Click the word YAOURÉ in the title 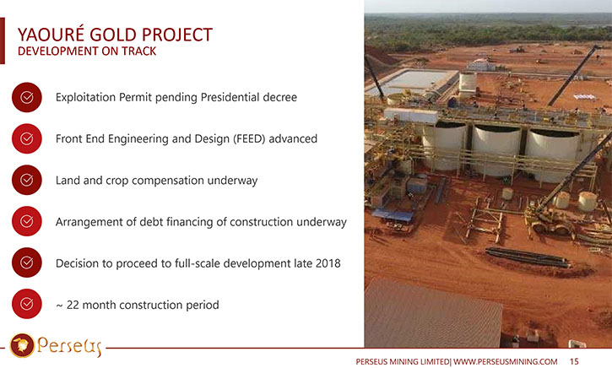[51, 34]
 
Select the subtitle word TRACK [138, 51]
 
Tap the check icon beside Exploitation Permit [26, 97]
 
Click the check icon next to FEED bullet [26, 138]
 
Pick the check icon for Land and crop [26, 180]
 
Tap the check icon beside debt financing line [26, 221]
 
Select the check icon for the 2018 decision [26, 262]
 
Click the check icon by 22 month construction [26, 304]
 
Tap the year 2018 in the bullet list [328, 263]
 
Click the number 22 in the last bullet [73, 305]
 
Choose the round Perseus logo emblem [22, 345]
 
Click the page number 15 [574, 362]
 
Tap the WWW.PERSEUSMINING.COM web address [505, 362]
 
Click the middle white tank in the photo [496, 150]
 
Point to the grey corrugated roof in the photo [432, 314]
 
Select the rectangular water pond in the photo [413, 81]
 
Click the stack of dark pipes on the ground [527, 257]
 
